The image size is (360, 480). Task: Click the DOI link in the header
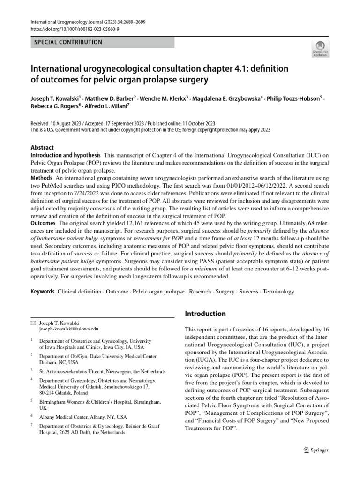75,29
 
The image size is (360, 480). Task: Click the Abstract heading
42,147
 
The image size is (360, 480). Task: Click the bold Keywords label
43,292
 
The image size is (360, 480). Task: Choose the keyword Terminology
278,292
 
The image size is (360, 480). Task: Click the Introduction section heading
205,314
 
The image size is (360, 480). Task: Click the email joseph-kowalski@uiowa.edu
69,330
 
